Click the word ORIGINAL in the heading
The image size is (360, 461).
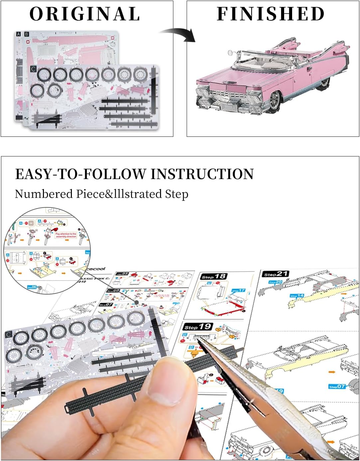pyautogui.click(x=85, y=14)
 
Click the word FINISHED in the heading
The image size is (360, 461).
pyautogui.click(x=270, y=14)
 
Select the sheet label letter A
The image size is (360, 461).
pyautogui.click(x=18, y=34)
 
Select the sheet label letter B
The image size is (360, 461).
pyautogui.click(x=27, y=34)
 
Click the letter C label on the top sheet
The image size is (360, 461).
pyautogui.click(x=33, y=69)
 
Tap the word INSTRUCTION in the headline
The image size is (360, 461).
pyautogui.click(x=202, y=174)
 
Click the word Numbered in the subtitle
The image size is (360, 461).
pyautogui.click(x=44, y=194)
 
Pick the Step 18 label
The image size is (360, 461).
pyautogui.click(x=214, y=277)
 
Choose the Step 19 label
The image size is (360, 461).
pyautogui.click(x=198, y=327)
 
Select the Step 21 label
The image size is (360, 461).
pyautogui.click(x=275, y=274)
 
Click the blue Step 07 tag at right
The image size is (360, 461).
pyautogui.click(x=337, y=386)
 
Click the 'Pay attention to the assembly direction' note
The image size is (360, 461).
pyautogui.click(x=66, y=235)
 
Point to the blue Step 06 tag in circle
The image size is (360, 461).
pyautogui.click(x=32, y=287)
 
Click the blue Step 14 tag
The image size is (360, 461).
pyautogui.click(x=297, y=296)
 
